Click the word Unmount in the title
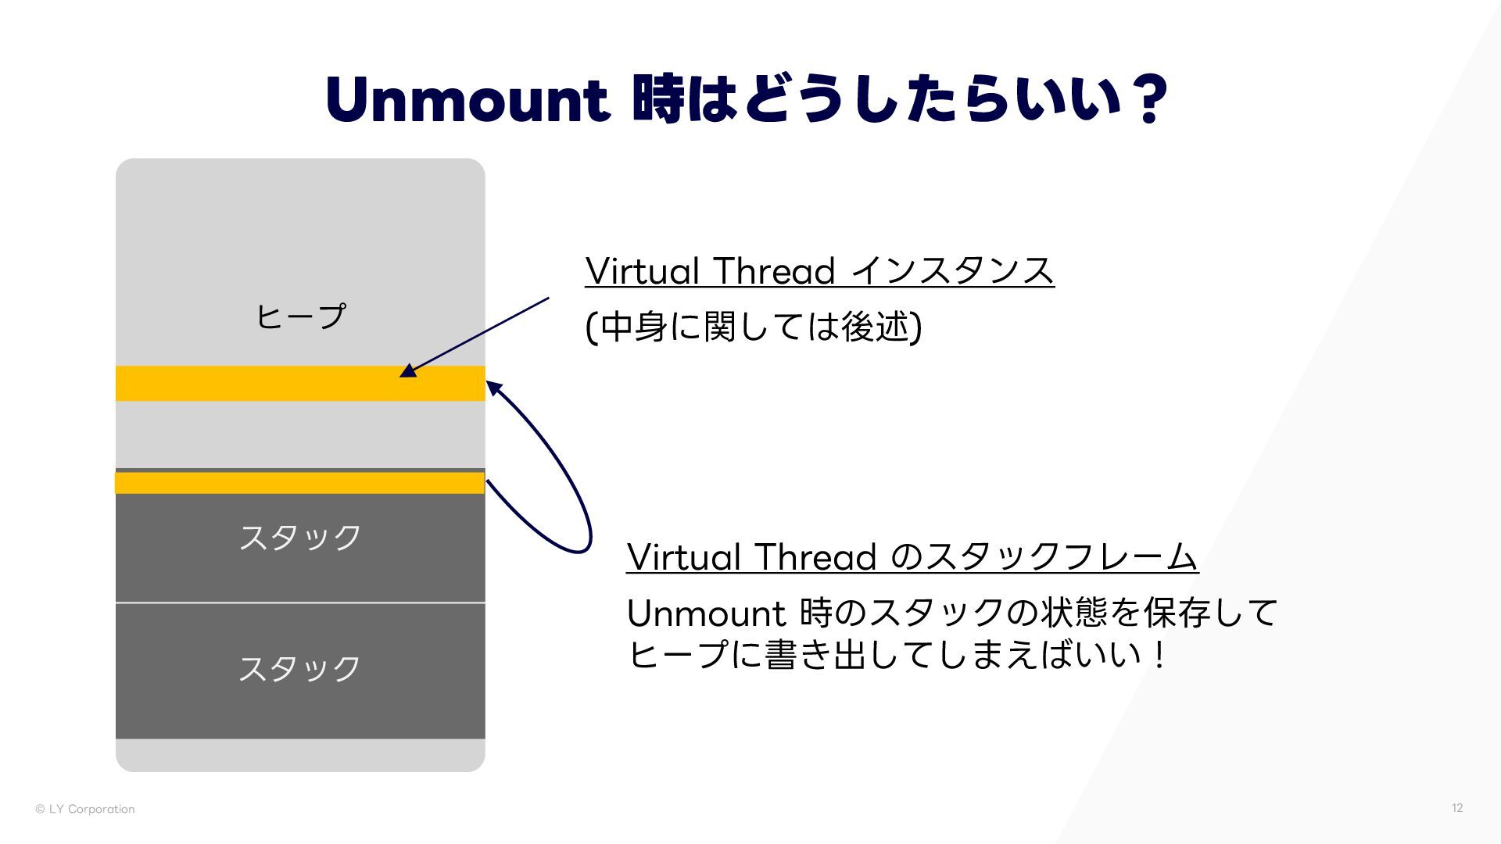tap(467, 100)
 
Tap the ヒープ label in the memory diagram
tap(300, 317)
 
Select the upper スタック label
tap(300, 538)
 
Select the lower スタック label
tap(300, 669)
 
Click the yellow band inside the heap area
tap(300, 384)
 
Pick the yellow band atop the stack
tap(300, 483)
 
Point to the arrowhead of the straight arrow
tap(408, 371)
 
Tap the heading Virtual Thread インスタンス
tap(819, 271)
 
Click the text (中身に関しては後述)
tap(754, 327)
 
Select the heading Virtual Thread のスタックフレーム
tap(912, 557)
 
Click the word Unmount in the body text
tap(706, 614)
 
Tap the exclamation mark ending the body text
tap(1159, 655)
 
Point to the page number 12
tap(1457, 808)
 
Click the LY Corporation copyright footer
tap(85, 809)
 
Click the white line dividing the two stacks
tap(300, 603)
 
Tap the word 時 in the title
tap(657, 100)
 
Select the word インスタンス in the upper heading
tap(952, 271)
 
